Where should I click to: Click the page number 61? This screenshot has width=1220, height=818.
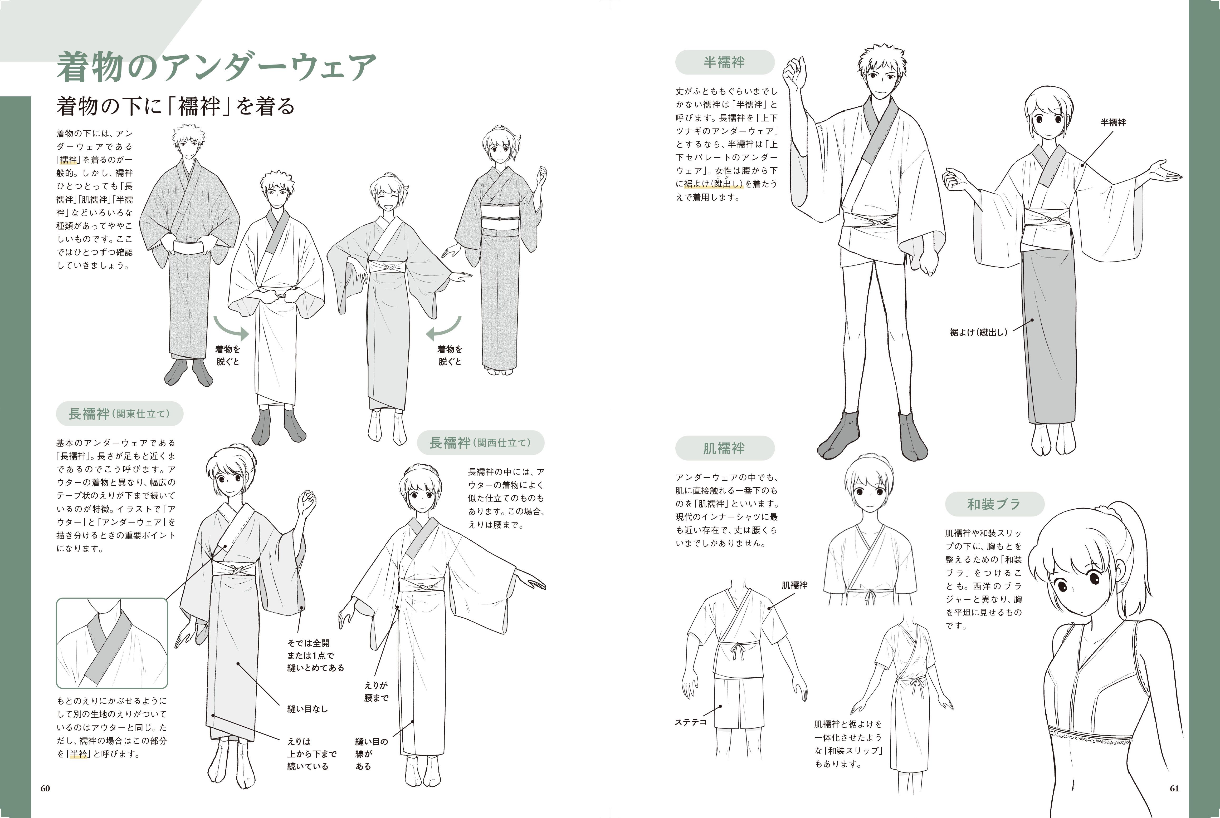(1174, 788)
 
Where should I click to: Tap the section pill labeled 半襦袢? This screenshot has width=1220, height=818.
(724, 62)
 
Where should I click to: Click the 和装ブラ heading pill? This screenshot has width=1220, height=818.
(994, 504)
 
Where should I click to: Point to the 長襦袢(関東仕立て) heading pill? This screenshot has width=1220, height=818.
(119, 414)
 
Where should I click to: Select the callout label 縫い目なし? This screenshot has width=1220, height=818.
(307, 709)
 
